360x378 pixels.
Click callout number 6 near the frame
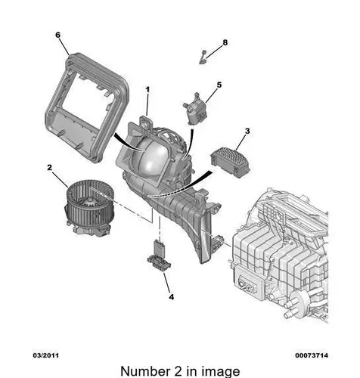(x=58, y=35)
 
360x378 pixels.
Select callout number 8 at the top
(x=225, y=42)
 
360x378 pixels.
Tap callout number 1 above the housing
(x=147, y=89)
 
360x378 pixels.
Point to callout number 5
(x=219, y=85)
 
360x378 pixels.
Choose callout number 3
(x=247, y=131)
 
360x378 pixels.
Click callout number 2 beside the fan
(x=49, y=167)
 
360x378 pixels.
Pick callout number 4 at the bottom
(x=172, y=297)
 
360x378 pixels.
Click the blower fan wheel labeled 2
(x=88, y=207)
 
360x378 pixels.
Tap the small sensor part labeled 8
(x=203, y=57)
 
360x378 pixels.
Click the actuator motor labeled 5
(x=195, y=109)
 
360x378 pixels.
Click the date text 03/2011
(x=46, y=355)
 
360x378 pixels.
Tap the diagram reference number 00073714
(x=312, y=355)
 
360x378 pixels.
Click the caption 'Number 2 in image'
(x=180, y=371)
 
